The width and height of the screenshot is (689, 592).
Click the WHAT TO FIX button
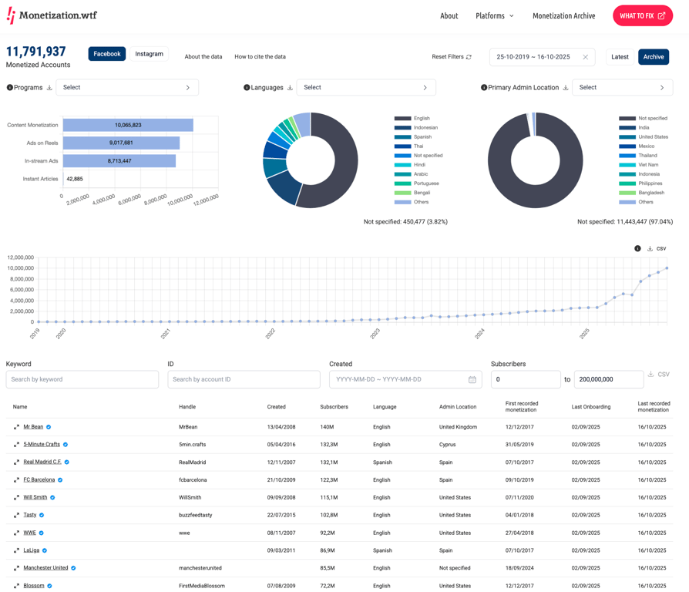tap(642, 15)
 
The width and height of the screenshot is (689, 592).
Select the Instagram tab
tap(149, 54)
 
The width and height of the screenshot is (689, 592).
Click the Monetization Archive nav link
tap(563, 15)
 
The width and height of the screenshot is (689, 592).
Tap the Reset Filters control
tap(452, 57)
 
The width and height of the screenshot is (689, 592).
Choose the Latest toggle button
tap(620, 57)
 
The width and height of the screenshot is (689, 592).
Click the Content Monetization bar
tap(128, 125)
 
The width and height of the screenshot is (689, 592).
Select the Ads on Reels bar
tap(121, 143)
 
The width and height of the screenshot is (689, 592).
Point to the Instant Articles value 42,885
tap(75, 179)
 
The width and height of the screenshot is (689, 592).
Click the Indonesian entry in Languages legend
tap(425, 128)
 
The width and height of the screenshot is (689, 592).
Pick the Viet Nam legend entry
tap(648, 165)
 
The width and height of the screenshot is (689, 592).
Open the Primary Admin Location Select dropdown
tap(622, 88)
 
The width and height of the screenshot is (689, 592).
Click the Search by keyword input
tap(82, 379)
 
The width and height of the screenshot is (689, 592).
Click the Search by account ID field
tap(244, 379)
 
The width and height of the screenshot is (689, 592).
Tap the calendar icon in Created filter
tap(472, 379)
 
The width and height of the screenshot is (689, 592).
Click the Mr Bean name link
tap(33, 427)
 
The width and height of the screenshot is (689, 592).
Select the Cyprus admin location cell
tap(449, 445)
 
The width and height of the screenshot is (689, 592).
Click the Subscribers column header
tap(334, 407)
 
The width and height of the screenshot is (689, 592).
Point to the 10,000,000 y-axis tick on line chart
tap(21, 268)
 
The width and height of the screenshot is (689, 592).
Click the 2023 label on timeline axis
tap(375, 334)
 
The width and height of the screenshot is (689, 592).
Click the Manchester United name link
tap(45, 568)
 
